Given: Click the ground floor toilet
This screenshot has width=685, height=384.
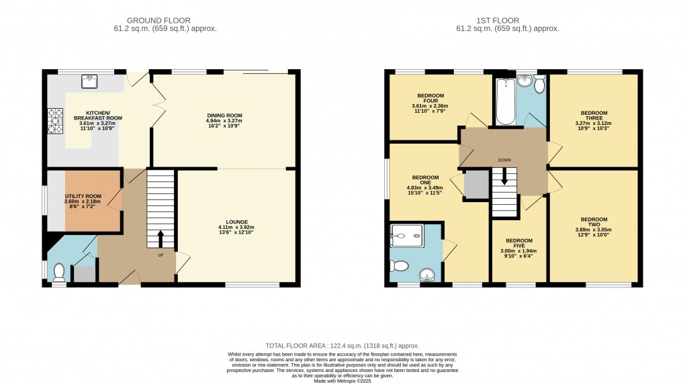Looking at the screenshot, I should click(59, 271).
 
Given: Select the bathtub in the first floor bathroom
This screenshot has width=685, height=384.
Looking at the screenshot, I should click(504, 103).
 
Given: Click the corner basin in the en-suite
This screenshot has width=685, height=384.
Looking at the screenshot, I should click(426, 275).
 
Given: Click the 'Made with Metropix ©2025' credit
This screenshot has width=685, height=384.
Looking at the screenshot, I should click(342, 381).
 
